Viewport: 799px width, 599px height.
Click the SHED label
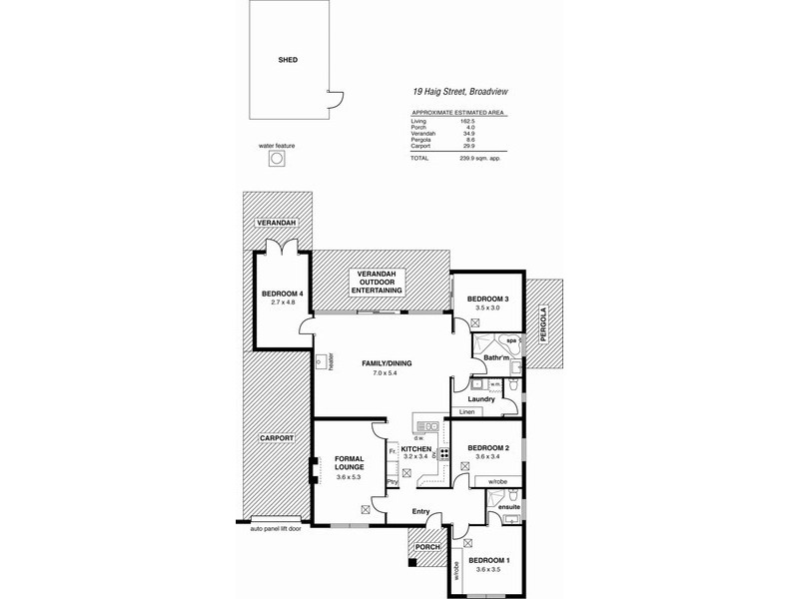[288, 60]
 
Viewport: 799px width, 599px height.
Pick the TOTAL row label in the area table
[419, 158]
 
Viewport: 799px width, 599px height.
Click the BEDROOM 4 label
[283, 293]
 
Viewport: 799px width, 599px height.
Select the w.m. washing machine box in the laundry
[496, 384]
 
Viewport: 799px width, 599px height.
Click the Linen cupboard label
[466, 411]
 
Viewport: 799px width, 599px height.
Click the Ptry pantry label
[393, 480]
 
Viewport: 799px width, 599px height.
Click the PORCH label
[426, 547]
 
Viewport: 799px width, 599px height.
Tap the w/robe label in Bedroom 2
[495, 481]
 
